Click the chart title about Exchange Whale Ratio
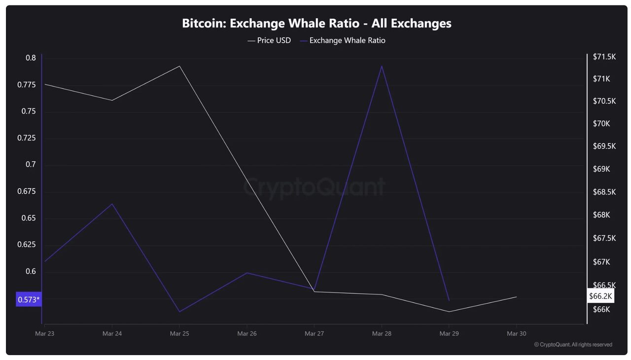(316, 23)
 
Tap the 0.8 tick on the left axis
(31, 58)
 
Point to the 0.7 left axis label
(31, 165)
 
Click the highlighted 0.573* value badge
(29, 299)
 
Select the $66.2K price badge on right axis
(600, 296)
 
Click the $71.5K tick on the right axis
(604, 57)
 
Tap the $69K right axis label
(601, 169)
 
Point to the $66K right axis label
(601, 310)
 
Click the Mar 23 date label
(44, 334)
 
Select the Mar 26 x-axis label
(246, 334)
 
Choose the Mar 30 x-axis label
(516, 334)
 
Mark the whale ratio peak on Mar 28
(382, 66)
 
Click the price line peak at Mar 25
(179, 66)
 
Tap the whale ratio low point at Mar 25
(179, 312)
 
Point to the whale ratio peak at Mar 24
(112, 204)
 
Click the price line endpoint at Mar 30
(516, 297)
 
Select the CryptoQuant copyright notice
(573, 345)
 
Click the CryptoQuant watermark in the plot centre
(315, 187)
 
